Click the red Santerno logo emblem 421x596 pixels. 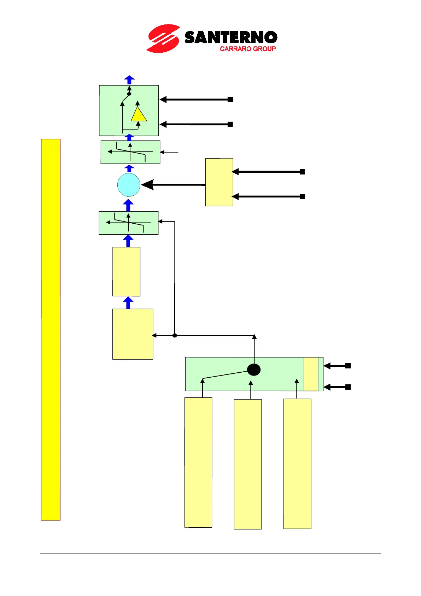click(163, 39)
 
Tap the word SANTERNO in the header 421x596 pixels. click(230, 37)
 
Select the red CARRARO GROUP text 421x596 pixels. click(247, 49)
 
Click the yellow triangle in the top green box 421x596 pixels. click(139, 115)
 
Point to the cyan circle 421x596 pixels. click(129, 185)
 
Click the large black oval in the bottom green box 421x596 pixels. click(254, 370)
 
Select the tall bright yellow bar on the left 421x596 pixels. click(51, 329)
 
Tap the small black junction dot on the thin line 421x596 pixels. click(175, 335)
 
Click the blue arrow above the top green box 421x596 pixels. click(130, 80)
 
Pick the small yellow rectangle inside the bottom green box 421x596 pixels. click(311, 374)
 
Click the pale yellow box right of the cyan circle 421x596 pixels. click(219, 182)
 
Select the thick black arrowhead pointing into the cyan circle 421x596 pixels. click(148, 185)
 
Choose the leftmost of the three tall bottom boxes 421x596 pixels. click(198, 462)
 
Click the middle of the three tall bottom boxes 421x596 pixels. click(248, 464)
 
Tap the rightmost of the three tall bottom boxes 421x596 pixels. click(297, 464)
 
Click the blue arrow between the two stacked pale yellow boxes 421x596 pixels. click(128, 303)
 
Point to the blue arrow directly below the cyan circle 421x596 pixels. click(128, 205)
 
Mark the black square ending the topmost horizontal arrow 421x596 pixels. click(230, 99)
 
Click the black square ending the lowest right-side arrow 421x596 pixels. click(348, 387)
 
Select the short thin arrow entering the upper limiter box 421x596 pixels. click(170, 152)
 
